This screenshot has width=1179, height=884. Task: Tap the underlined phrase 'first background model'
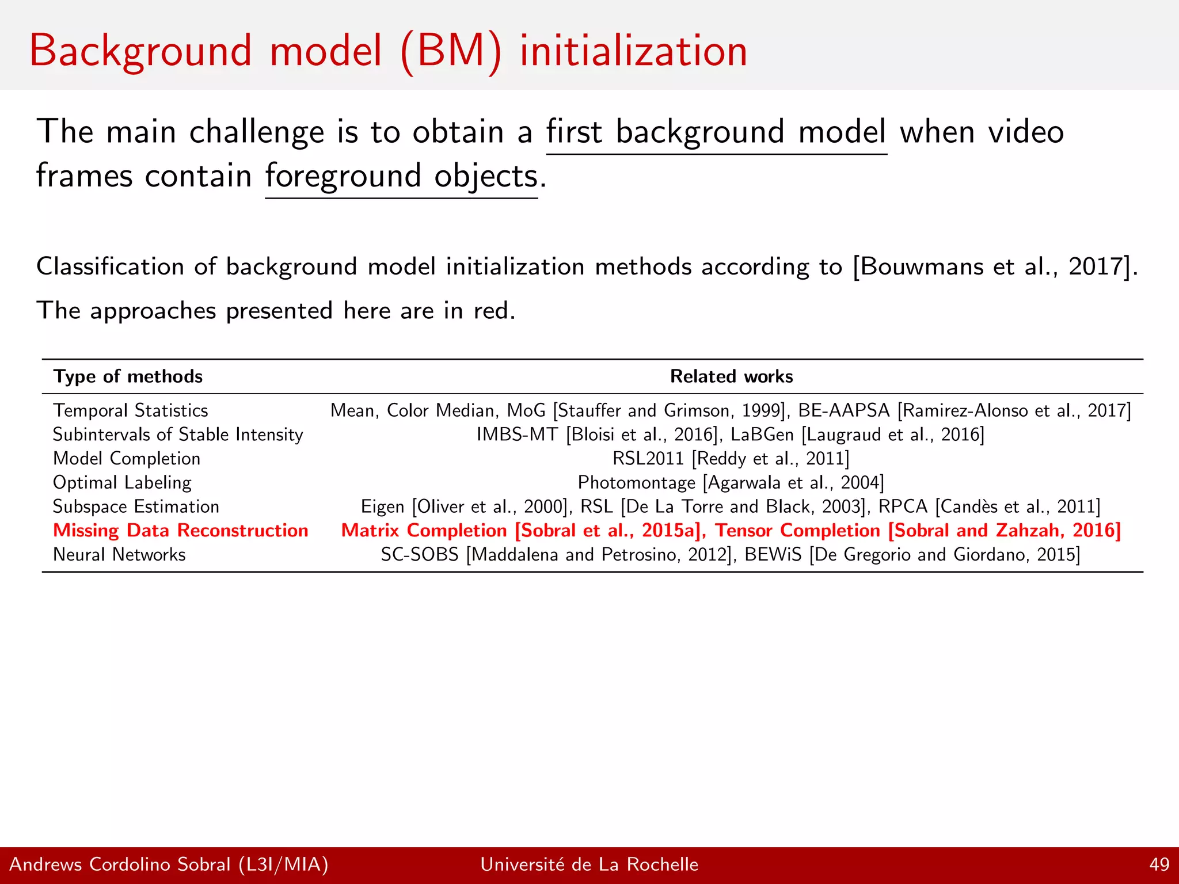(716, 132)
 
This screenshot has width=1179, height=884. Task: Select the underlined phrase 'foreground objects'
(401, 177)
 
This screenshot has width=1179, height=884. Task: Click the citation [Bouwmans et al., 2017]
(995, 267)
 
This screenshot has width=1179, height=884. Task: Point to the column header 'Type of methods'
(128, 376)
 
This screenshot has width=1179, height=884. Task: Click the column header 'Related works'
(731, 376)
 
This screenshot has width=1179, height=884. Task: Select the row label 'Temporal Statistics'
(130, 410)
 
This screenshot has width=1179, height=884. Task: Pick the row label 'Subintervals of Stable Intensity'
(177, 435)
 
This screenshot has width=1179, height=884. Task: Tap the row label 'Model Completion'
(127, 459)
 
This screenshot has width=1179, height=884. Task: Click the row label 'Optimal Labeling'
(122, 483)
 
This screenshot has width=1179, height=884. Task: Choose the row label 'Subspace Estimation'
(136, 506)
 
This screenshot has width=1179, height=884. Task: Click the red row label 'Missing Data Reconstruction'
(181, 531)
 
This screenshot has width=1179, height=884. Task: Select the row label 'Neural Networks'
(119, 555)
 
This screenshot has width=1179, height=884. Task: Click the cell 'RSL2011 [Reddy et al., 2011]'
(731, 459)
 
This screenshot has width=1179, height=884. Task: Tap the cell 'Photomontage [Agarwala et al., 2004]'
(731, 483)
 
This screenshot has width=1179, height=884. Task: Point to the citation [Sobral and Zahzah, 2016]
(1004, 531)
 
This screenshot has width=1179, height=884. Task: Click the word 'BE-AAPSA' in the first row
(843, 410)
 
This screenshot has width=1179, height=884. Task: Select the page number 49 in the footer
(1159, 864)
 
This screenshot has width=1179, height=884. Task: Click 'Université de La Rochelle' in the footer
(589, 864)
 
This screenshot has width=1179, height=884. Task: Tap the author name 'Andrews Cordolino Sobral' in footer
(120, 864)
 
